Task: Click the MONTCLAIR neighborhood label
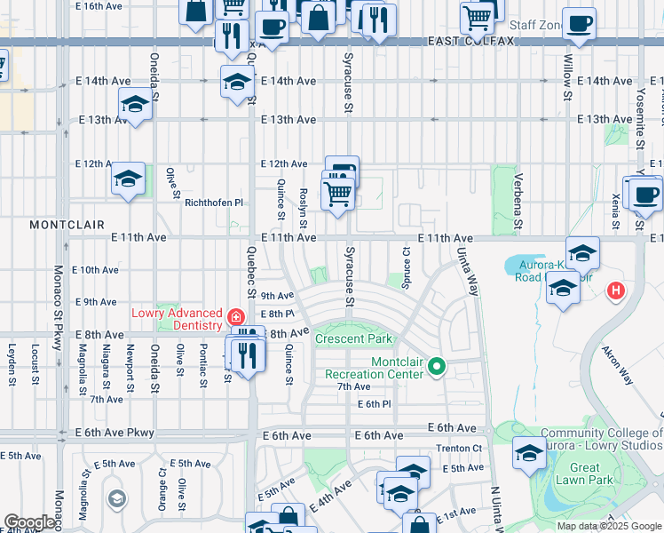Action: [67, 225]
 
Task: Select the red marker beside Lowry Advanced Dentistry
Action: [235, 317]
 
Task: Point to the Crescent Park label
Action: [353, 339]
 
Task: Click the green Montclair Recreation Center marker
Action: [436, 366]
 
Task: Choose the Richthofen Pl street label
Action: [213, 203]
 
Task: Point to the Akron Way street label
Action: [619, 364]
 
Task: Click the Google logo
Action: [28, 522]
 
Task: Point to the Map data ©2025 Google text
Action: [609, 526]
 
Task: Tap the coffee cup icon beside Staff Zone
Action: [579, 24]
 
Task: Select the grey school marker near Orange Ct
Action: [117, 499]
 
